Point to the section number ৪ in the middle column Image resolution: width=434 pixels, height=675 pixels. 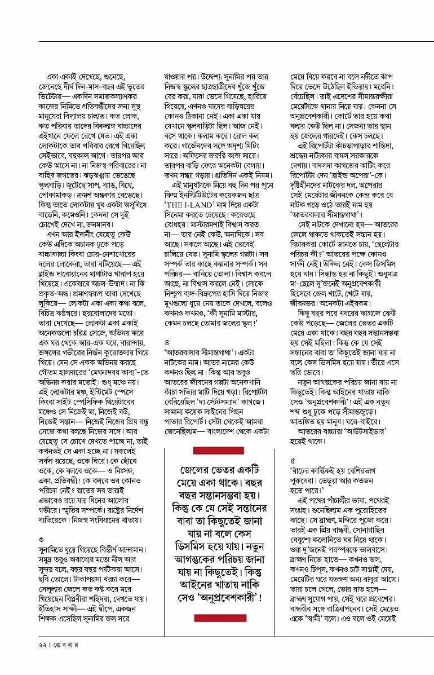(166, 342)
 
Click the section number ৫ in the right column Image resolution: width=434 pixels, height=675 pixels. (292, 460)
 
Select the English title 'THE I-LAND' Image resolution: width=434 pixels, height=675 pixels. (189, 204)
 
